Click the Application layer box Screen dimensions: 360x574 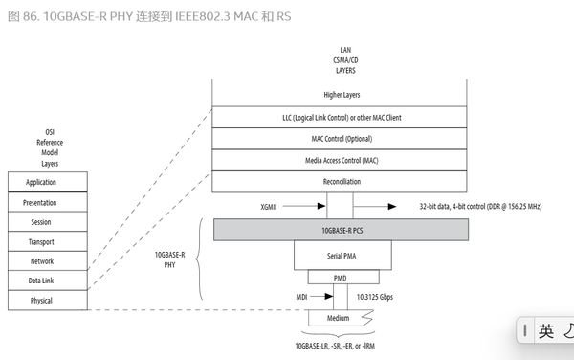coord(47,182)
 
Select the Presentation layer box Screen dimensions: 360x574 coord(47,202)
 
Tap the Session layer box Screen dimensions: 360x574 coord(47,222)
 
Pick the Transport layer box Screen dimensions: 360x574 coord(47,241)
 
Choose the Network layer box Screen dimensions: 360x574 coord(47,261)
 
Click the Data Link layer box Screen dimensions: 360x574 coord(47,281)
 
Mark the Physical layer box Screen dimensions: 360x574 coord(47,301)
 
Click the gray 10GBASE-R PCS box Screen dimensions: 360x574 coord(340,230)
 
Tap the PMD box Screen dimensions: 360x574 coord(340,278)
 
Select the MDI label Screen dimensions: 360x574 coord(301,298)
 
